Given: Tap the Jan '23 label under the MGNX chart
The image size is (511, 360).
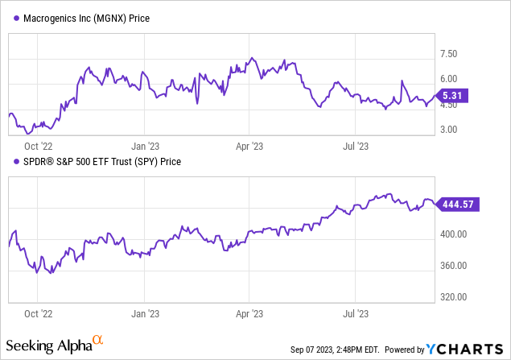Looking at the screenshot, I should tap(145, 146).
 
